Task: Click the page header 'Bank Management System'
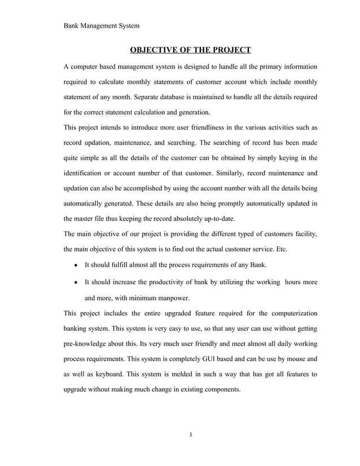[102, 25]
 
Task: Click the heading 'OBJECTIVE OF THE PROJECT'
[190, 50]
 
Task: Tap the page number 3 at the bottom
[191, 435]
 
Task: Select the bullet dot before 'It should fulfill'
[76, 265]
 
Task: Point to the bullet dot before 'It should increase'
[76, 282]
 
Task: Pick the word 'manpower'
[172, 297]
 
